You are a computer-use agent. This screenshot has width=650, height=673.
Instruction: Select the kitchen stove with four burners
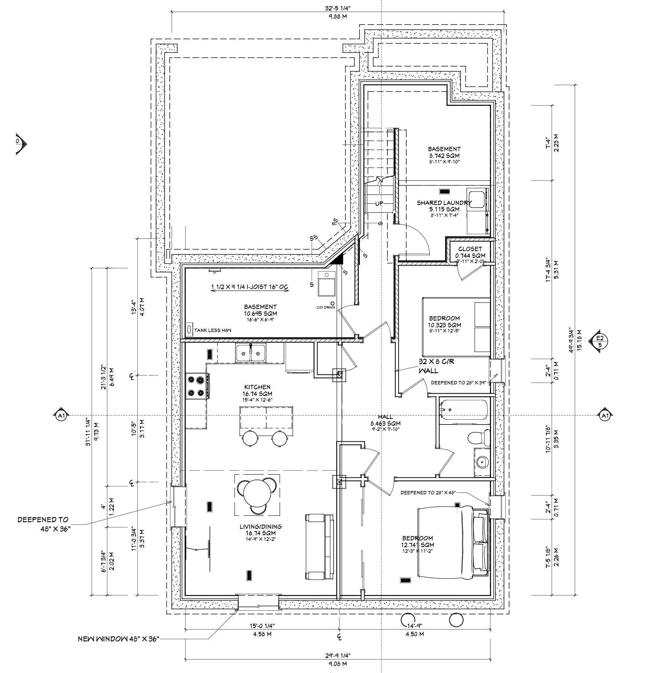[197, 386]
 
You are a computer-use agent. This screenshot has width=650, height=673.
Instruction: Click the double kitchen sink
[250, 352]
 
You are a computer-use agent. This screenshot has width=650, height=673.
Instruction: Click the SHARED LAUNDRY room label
[444, 203]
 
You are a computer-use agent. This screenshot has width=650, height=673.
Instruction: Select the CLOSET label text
[470, 249]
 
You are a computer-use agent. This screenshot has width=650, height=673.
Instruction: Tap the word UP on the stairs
[379, 203]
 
